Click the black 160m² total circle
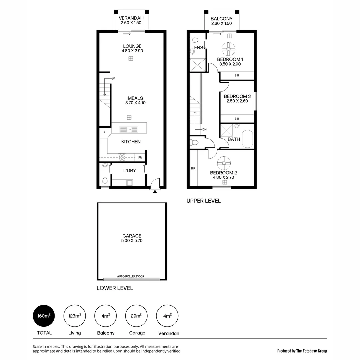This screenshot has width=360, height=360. click(x=44, y=316)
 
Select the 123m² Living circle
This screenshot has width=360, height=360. click(x=75, y=316)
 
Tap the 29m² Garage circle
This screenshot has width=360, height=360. click(x=136, y=316)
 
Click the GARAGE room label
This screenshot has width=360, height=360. click(x=132, y=236)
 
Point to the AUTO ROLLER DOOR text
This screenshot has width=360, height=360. click(x=131, y=276)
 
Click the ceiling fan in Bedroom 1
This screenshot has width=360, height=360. click(x=229, y=49)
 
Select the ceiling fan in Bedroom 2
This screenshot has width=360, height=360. click(x=223, y=163)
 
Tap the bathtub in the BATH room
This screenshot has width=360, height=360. click(x=247, y=139)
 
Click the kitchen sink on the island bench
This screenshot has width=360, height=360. click(x=129, y=128)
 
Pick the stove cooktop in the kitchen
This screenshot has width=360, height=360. click(x=122, y=157)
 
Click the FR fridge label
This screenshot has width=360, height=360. click(x=140, y=157)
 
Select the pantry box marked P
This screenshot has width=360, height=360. click(x=105, y=132)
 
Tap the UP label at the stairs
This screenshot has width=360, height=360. click(x=113, y=79)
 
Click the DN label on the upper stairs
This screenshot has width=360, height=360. click(x=204, y=129)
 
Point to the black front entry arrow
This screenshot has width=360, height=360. click(x=155, y=191)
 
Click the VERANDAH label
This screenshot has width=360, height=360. click(x=131, y=18)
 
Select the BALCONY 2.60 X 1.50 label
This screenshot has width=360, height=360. click(x=221, y=21)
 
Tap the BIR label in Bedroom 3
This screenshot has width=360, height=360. click(x=237, y=119)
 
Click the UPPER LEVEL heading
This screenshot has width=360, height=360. click(x=203, y=201)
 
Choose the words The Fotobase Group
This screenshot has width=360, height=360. click(x=312, y=351)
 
